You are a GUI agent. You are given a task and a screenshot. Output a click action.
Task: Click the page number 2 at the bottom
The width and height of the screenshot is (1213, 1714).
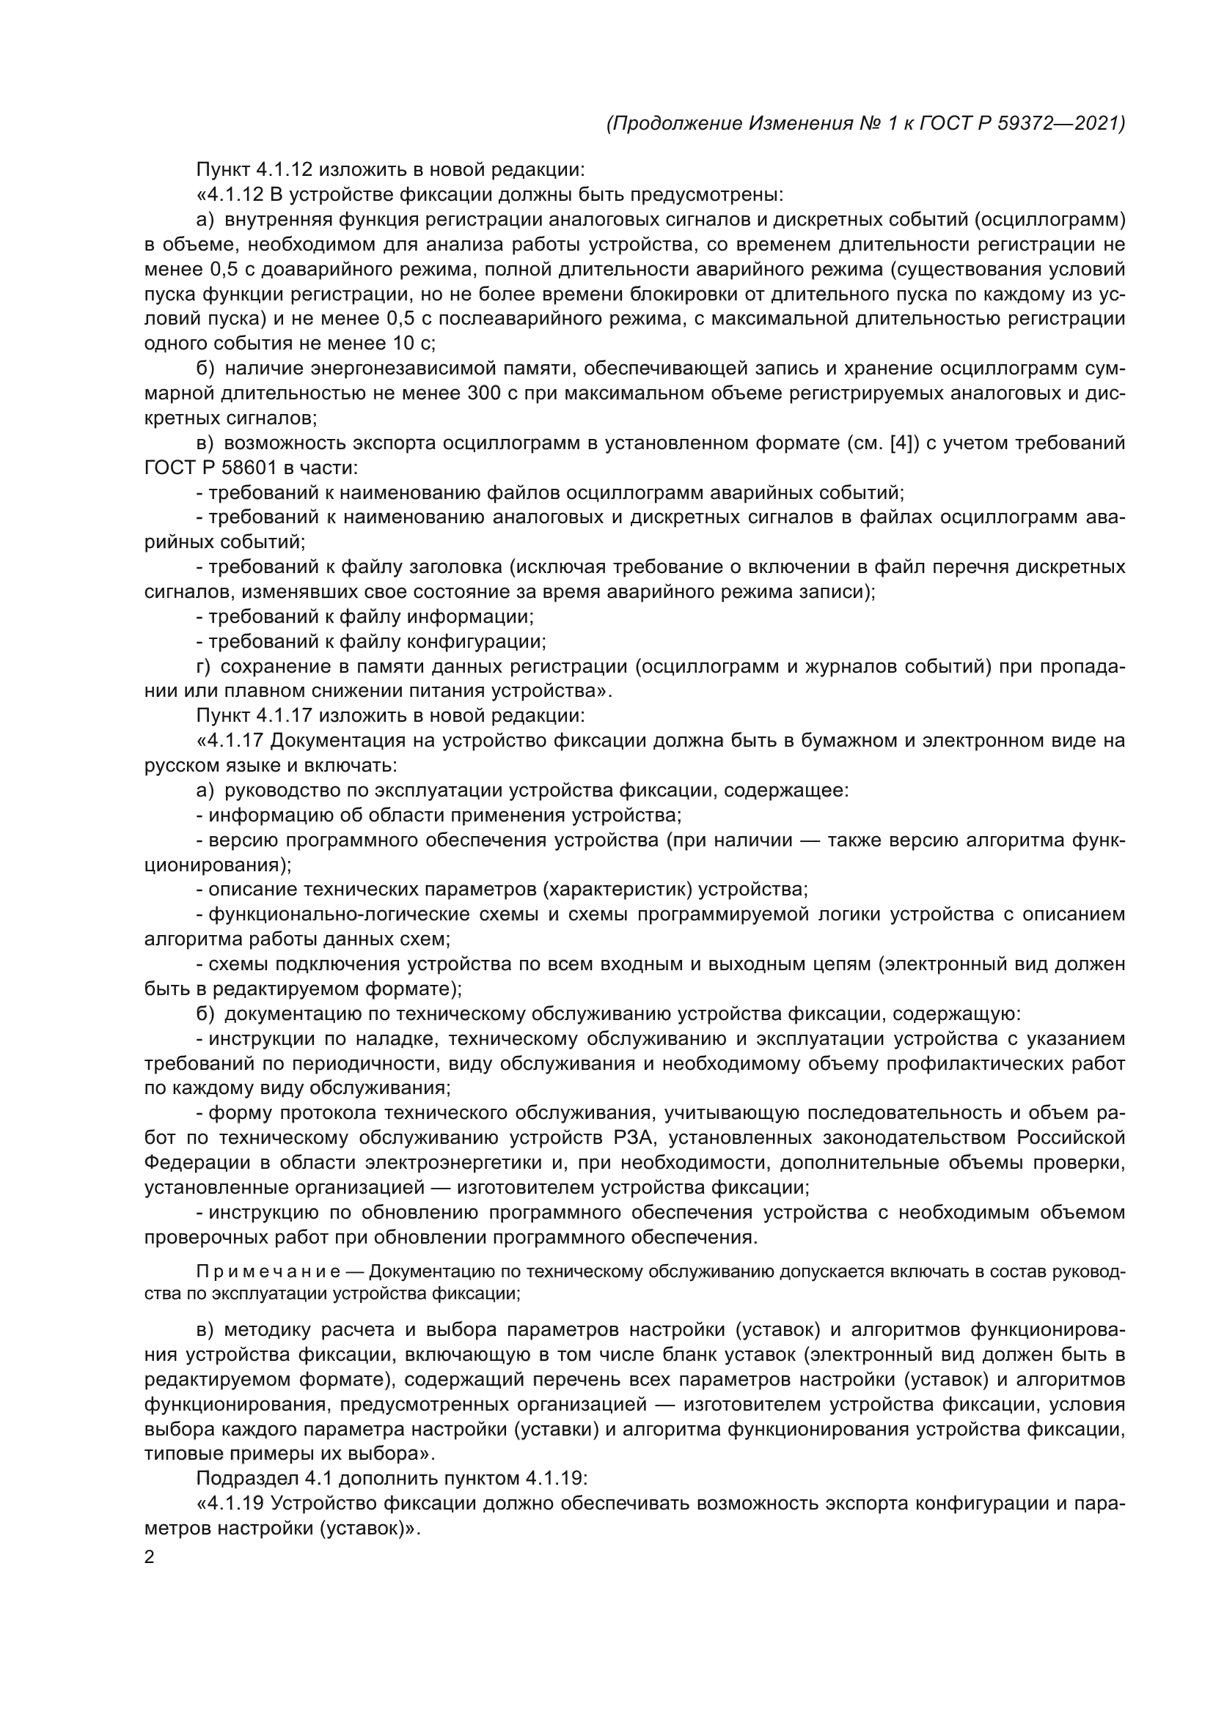point(150,1558)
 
